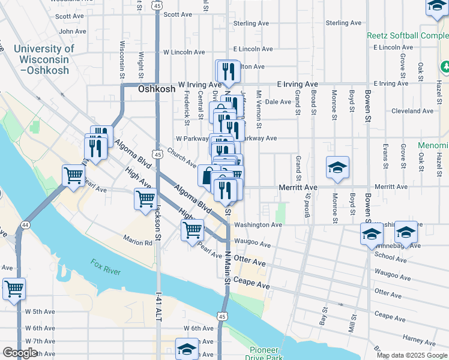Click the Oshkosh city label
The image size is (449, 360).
(x=157, y=88)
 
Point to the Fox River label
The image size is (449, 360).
(x=106, y=267)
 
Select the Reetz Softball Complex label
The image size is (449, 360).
(x=408, y=36)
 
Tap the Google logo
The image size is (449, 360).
(x=20, y=353)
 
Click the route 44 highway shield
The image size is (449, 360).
(x=25, y=224)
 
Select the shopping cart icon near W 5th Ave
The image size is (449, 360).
(x=13, y=289)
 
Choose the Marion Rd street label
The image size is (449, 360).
(x=139, y=243)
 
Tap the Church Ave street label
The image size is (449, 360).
(x=182, y=157)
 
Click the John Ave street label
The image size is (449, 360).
(x=73, y=31)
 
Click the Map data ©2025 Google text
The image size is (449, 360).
(x=411, y=355)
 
